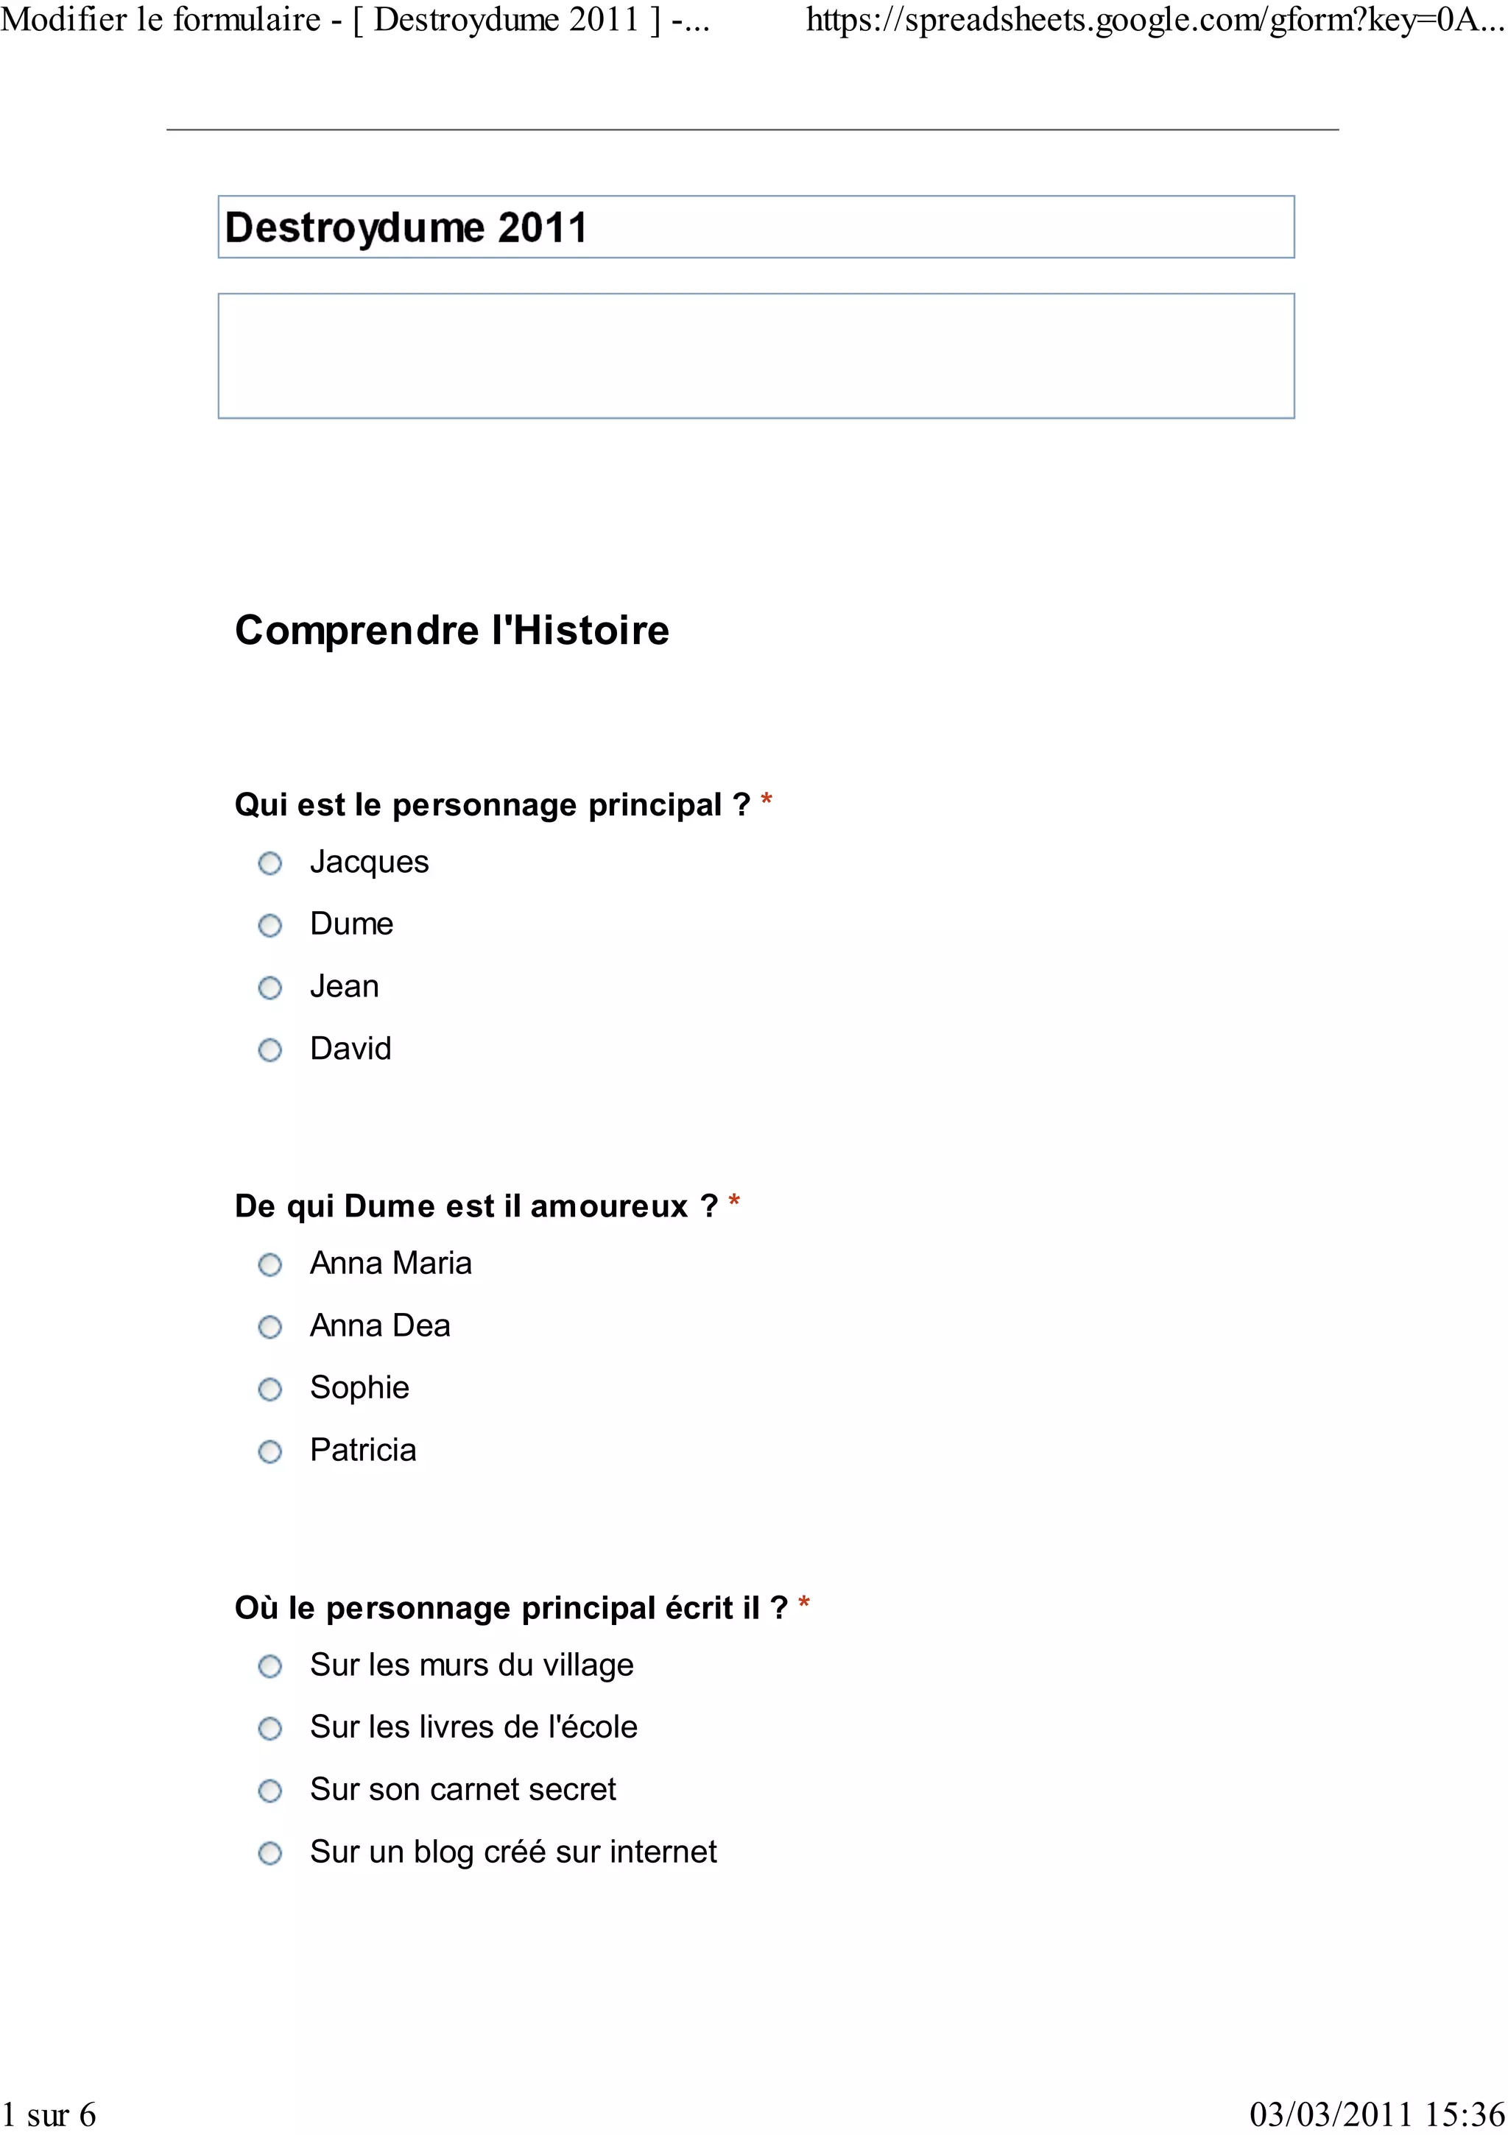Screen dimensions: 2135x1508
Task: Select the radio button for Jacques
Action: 269,864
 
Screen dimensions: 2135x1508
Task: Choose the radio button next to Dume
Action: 269,926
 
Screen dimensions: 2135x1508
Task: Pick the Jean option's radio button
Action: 269,988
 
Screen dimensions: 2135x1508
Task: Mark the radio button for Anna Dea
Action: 269,1327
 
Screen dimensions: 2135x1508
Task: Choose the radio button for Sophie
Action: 269,1389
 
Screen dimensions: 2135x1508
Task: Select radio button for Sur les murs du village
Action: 269,1666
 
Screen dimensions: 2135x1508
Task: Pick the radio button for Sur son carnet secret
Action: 269,1791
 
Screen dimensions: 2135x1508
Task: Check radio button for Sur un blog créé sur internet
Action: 269,1853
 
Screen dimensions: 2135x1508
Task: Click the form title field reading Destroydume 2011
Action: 755,227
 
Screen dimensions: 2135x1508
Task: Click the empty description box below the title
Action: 755,356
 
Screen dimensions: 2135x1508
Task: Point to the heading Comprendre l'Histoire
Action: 452,631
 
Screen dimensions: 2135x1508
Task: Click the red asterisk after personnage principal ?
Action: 767,800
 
